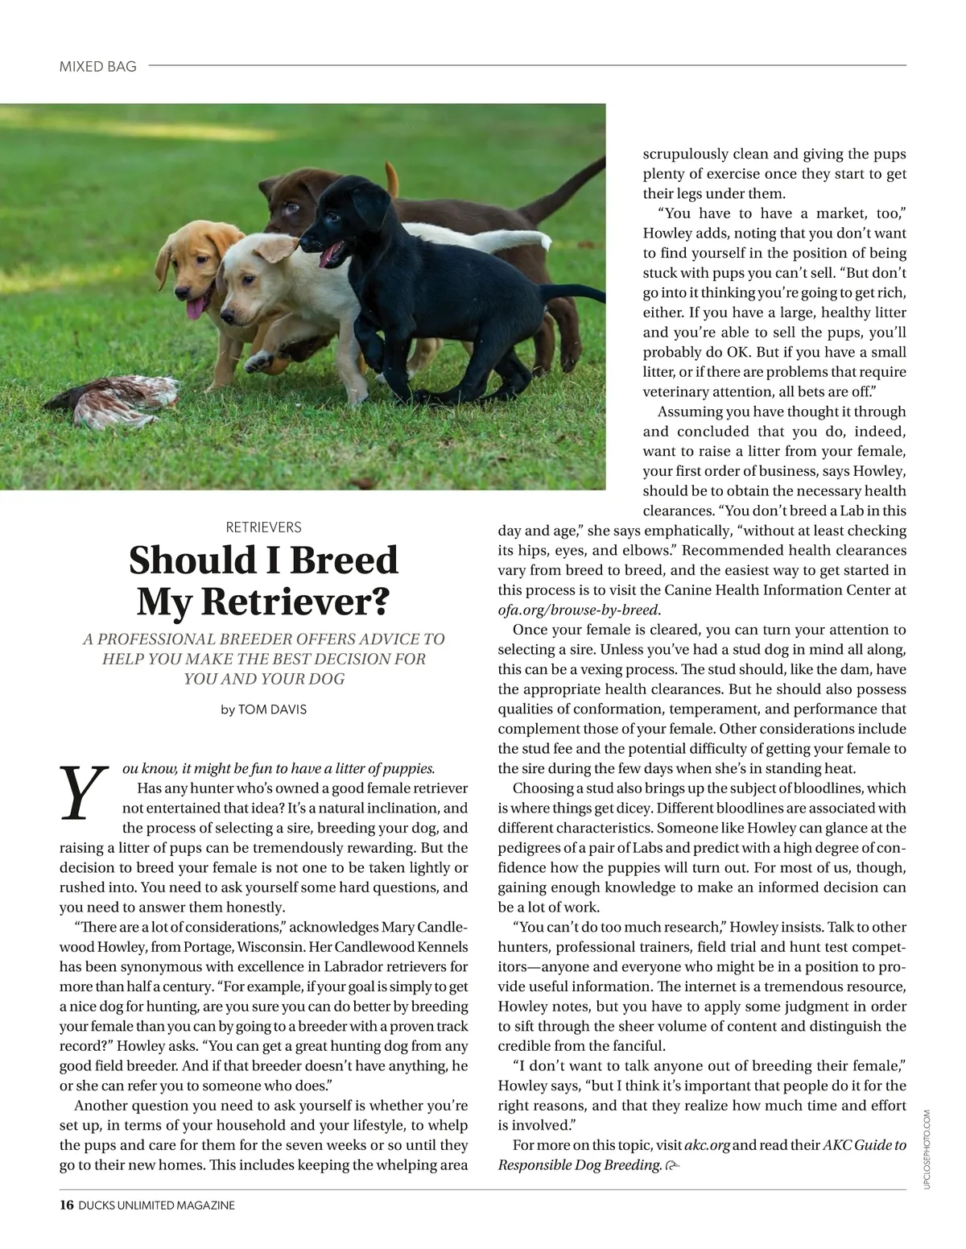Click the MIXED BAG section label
click(x=97, y=67)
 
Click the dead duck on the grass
click(x=117, y=399)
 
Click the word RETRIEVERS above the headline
click(x=263, y=527)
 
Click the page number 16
click(x=66, y=1206)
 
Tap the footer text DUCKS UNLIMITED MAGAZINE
click(x=157, y=1206)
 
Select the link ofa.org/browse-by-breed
click(x=578, y=610)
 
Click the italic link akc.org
click(x=707, y=1145)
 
